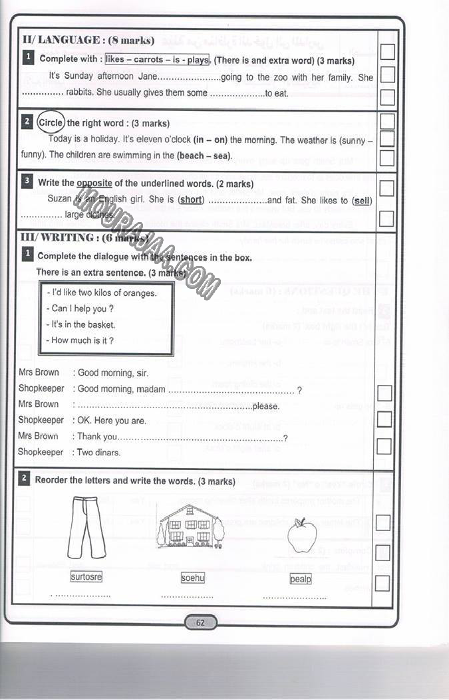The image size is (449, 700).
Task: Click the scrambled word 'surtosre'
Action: pyautogui.click(x=86, y=577)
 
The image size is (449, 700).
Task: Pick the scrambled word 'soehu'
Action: pyautogui.click(x=193, y=578)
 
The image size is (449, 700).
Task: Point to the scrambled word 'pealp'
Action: pyautogui.click(x=301, y=579)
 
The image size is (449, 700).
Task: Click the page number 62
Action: pyautogui.click(x=200, y=623)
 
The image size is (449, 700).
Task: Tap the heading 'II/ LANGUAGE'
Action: pyautogui.click(x=61, y=40)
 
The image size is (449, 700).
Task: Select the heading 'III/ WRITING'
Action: pyautogui.click(x=58, y=237)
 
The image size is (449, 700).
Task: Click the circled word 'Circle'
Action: pyautogui.click(x=51, y=123)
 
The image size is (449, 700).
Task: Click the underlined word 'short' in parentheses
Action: pyautogui.click(x=192, y=200)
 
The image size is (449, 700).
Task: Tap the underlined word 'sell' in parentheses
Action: pyautogui.click(x=363, y=200)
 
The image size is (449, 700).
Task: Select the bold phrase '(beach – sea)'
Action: pyautogui.click(x=204, y=156)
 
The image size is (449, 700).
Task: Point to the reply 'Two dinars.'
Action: pyautogui.click(x=99, y=453)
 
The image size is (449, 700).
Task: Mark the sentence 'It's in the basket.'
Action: pyautogui.click(x=83, y=324)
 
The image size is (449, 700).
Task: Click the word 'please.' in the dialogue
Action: pyautogui.click(x=266, y=406)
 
